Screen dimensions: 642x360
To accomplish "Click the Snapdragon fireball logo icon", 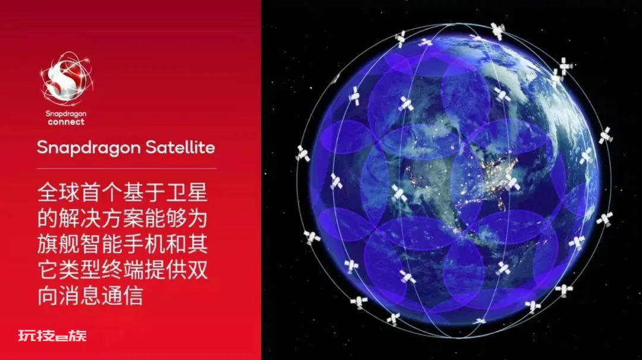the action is click(67, 79).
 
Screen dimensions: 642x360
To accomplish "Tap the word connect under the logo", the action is click(66, 122).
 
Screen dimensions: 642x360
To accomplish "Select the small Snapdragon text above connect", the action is click(66, 113).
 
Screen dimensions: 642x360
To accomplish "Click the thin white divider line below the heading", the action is click(127, 168).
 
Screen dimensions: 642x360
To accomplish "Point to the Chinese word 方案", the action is click(123, 217).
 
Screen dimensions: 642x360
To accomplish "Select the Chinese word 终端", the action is click(123, 269).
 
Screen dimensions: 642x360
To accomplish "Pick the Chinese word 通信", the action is click(123, 295).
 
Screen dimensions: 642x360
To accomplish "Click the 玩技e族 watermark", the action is click(52, 336).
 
